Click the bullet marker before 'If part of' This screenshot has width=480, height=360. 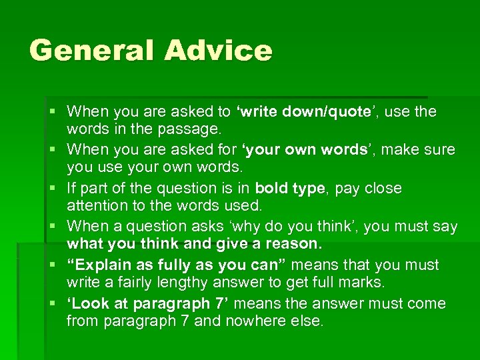(56, 188)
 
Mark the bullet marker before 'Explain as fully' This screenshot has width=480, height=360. (56, 265)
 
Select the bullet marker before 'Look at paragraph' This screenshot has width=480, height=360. (56, 303)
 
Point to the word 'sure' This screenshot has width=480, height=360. (441, 149)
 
